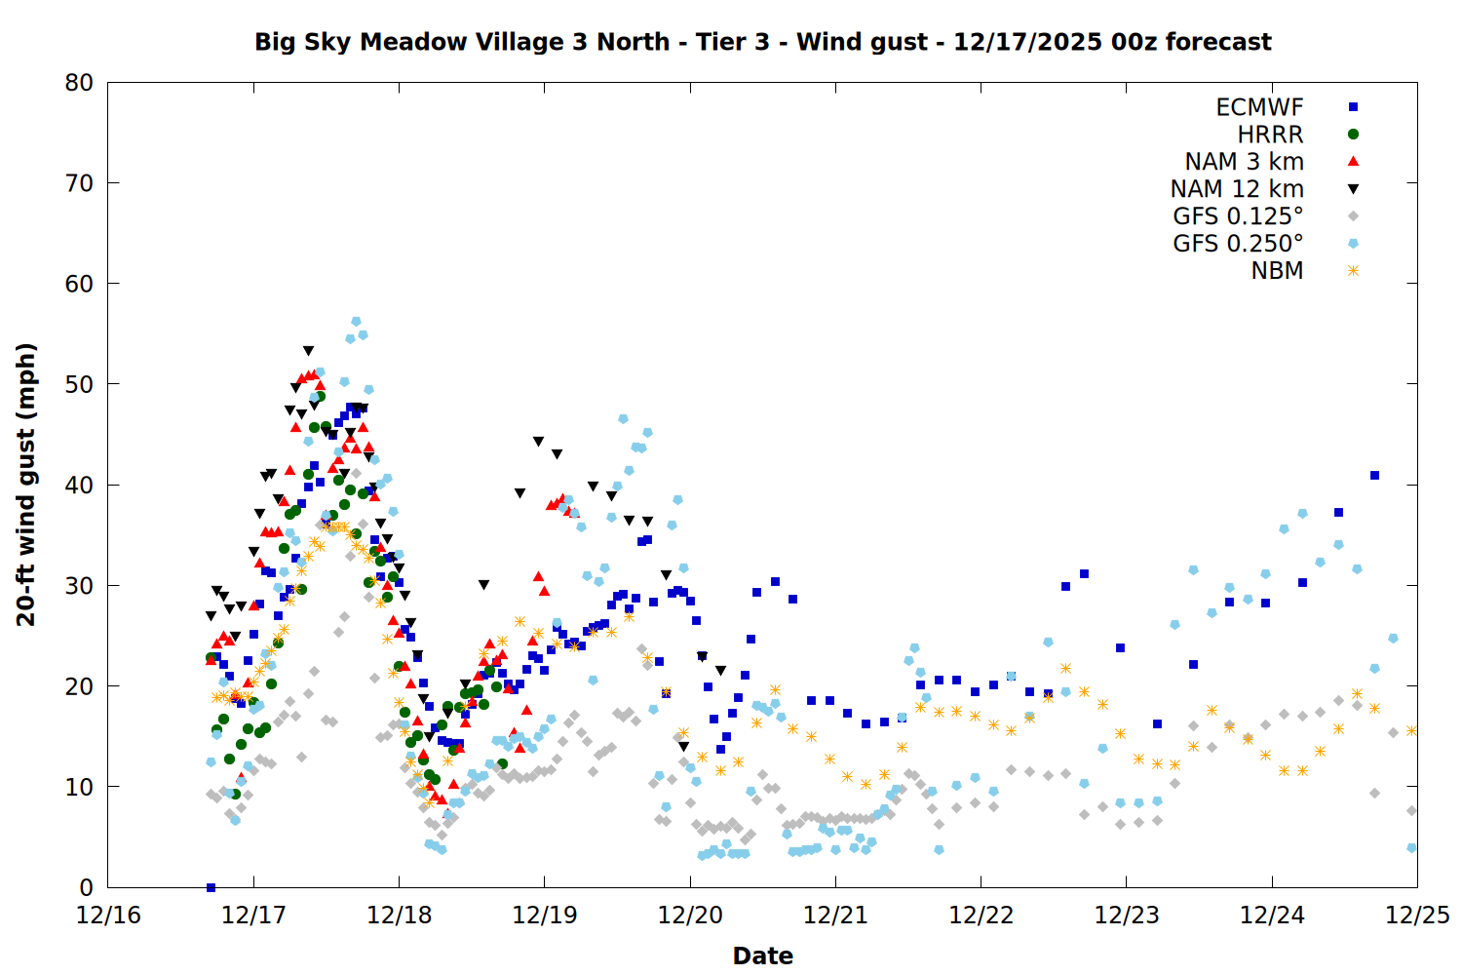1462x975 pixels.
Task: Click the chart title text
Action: (x=762, y=42)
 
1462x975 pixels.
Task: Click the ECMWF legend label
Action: (x=1259, y=107)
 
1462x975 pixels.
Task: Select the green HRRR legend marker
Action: (x=1353, y=135)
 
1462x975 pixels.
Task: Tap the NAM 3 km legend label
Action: (x=1244, y=162)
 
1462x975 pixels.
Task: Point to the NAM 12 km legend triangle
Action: (x=1353, y=189)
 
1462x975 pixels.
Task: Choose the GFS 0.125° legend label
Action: (x=1238, y=216)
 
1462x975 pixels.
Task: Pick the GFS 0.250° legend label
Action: (x=1238, y=244)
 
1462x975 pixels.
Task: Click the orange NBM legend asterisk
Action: (x=1353, y=271)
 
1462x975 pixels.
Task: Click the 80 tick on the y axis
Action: (x=79, y=83)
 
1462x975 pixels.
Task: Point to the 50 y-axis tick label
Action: (x=79, y=384)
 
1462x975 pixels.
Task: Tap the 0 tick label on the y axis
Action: (x=87, y=887)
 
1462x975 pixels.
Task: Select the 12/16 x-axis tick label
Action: (x=108, y=916)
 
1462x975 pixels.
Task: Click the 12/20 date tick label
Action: (x=690, y=916)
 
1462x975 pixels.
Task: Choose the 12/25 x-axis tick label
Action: (x=1417, y=916)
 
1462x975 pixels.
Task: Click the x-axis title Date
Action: (x=762, y=955)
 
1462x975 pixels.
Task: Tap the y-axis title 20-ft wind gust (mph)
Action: (x=26, y=485)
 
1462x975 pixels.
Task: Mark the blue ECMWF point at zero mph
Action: (x=211, y=887)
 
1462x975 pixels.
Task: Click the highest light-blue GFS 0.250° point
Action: (x=356, y=322)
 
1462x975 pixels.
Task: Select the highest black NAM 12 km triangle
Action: (x=308, y=351)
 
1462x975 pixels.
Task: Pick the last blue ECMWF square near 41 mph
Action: (x=1374, y=476)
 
